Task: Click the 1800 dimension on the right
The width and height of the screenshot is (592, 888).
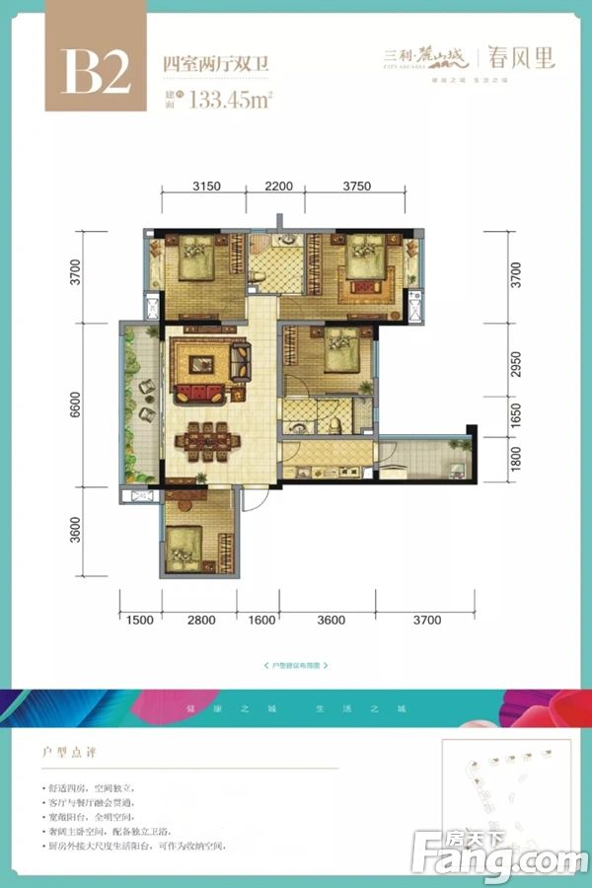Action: coord(513,460)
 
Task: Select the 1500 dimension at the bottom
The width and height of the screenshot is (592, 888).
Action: coord(140,620)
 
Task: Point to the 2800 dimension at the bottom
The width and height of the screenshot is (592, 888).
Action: coord(200,620)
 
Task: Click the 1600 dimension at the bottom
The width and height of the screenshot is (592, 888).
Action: coord(261,620)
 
